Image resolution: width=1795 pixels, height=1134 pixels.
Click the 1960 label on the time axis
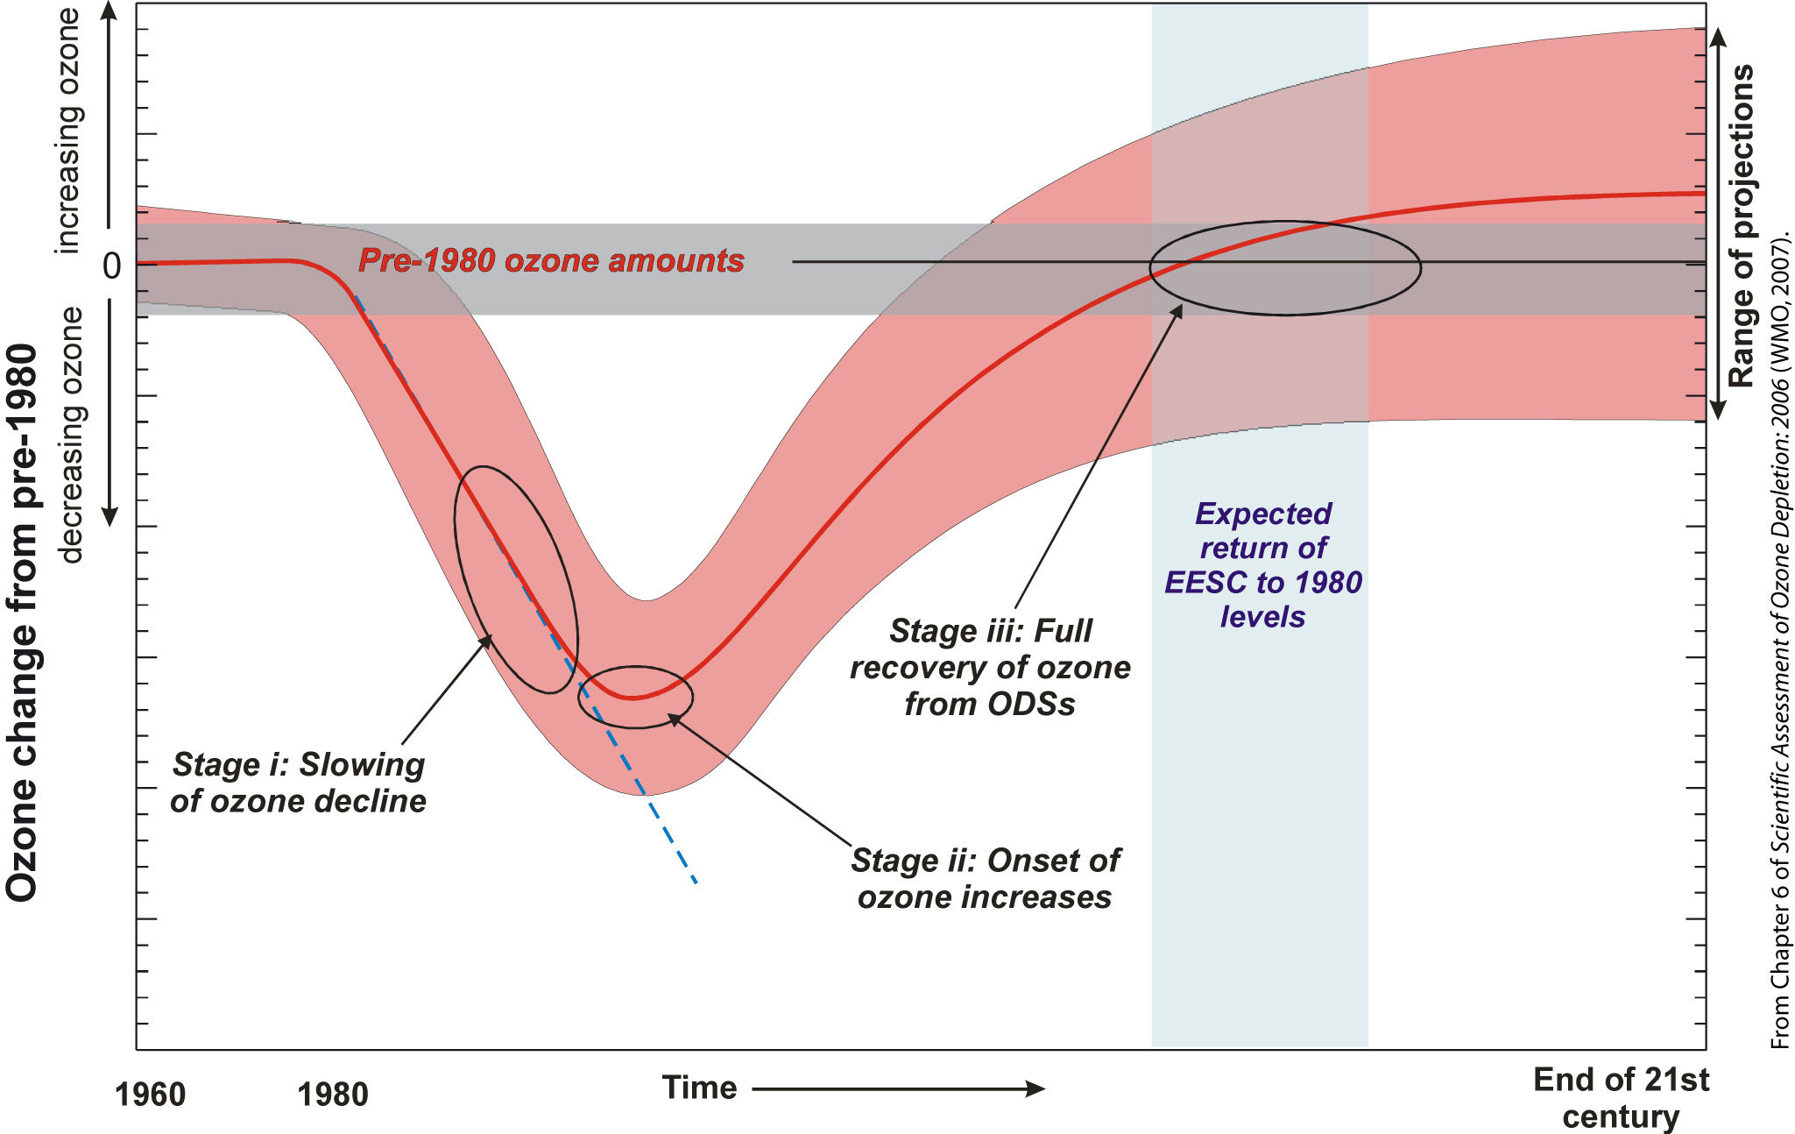tap(150, 1095)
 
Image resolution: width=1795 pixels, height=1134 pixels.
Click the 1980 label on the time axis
tap(332, 1095)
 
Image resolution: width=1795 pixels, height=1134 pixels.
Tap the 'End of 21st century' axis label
tap(1621, 1098)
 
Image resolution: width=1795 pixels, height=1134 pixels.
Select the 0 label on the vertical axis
tap(111, 266)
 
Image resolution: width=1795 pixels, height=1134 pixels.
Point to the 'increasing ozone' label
tap(68, 131)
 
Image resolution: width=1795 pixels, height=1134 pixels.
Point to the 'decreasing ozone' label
tap(69, 435)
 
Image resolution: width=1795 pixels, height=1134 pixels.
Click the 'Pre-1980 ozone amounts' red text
tap(551, 260)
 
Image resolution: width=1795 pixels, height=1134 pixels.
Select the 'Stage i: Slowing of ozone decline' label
tap(298, 783)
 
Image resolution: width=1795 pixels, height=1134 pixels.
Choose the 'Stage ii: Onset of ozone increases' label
tap(985, 879)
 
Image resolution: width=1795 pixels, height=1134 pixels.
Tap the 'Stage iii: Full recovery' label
tap(990, 667)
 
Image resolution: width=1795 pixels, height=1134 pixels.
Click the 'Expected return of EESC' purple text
tap(1263, 565)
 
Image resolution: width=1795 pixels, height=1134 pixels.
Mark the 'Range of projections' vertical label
tap(1741, 225)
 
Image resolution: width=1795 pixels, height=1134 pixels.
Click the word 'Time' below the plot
tap(699, 1088)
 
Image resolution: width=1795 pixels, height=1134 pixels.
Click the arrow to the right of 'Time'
tap(899, 1089)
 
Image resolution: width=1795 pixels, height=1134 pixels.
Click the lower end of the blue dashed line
tap(696, 883)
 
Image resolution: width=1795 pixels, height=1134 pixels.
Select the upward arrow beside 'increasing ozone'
tap(109, 114)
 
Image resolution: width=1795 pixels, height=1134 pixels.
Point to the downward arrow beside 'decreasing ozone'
tap(110, 413)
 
